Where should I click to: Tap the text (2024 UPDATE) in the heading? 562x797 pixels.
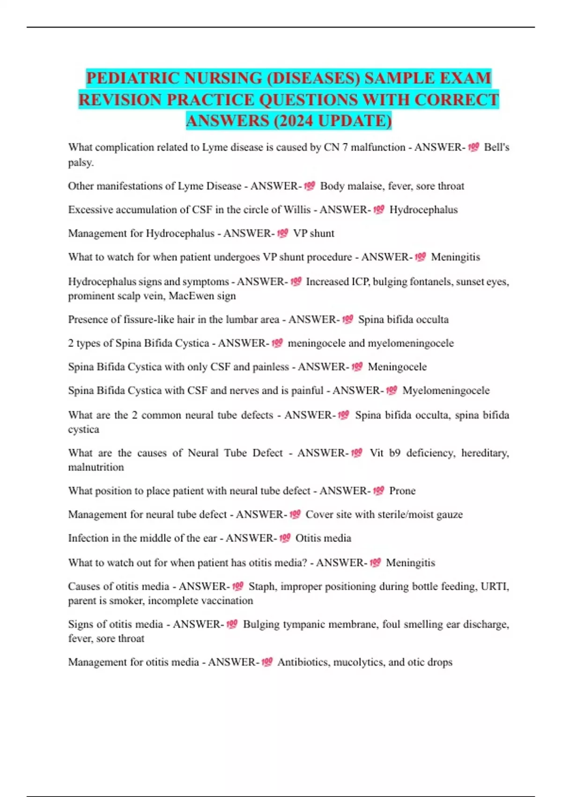pyautogui.click(x=332, y=121)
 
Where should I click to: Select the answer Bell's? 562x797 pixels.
pyautogui.click(x=496, y=147)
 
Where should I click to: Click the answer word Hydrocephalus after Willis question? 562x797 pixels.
pyautogui.click(x=423, y=210)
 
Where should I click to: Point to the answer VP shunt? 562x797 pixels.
pyautogui.click(x=313, y=233)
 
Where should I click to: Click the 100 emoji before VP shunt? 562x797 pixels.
pyautogui.click(x=282, y=233)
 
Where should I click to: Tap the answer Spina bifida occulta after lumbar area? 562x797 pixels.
pyautogui.click(x=403, y=320)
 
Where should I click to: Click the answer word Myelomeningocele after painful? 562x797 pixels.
pyautogui.click(x=446, y=391)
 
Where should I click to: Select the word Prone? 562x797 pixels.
pyautogui.click(x=402, y=491)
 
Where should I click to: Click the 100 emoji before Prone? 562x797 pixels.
pyautogui.click(x=378, y=490)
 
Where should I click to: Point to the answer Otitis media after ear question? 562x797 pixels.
pyautogui.click(x=323, y=538)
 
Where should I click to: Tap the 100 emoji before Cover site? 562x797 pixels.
pyautogui.click(x=295, y=514)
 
